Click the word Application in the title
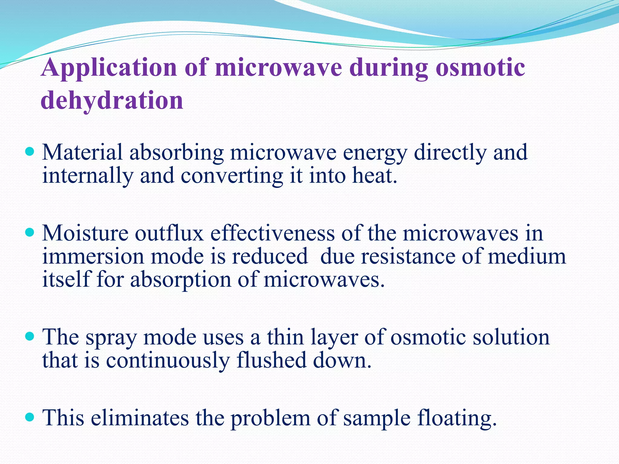pos(109,68)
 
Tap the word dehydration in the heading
pos(112,100)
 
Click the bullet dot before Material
pos(30,151)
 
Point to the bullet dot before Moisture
pos(30,232)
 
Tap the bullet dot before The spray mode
pos(30,336)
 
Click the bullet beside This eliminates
pos(30,417)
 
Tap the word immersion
pos(93,256)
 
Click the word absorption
pos(180,280)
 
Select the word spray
pos(111,338)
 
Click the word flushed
pos(271,360)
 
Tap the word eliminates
pos(140,418)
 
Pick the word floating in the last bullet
pos(456,419)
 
